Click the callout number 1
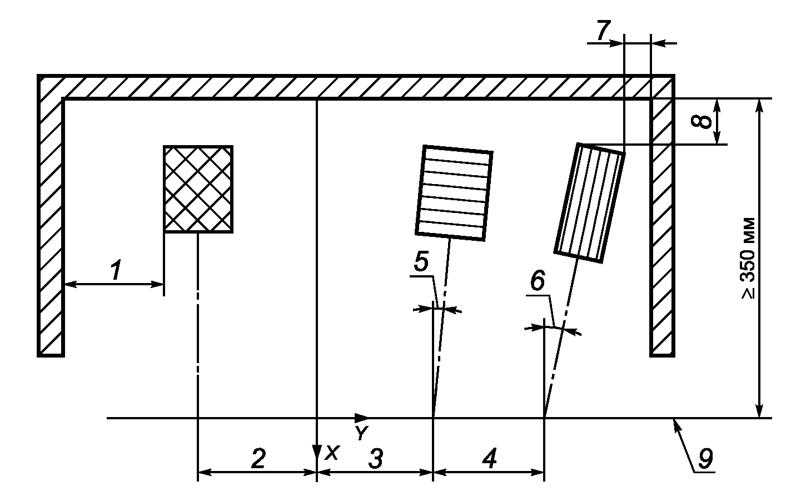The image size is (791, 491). [116, 271]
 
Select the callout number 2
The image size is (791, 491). [257, 458]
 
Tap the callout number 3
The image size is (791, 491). [376, 459]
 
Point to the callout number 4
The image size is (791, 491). [489, 459]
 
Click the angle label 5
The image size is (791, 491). [421, 261]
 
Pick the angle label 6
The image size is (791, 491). [537, 282]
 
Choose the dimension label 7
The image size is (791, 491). [602, 31]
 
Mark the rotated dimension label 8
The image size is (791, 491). [704, 121]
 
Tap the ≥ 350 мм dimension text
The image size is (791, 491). [748, 257]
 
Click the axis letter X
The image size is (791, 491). [332, 453]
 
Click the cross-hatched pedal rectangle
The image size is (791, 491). [198, 189]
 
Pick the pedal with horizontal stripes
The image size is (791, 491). [454, 192]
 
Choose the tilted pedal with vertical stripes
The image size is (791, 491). [589, 202]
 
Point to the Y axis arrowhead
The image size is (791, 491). [362, 418]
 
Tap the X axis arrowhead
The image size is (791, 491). [316, 450]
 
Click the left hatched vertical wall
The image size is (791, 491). [51, 222]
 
